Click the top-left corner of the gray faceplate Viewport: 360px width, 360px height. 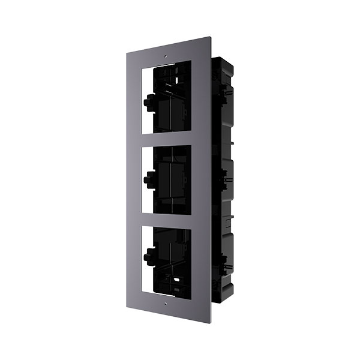coord(127,53)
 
